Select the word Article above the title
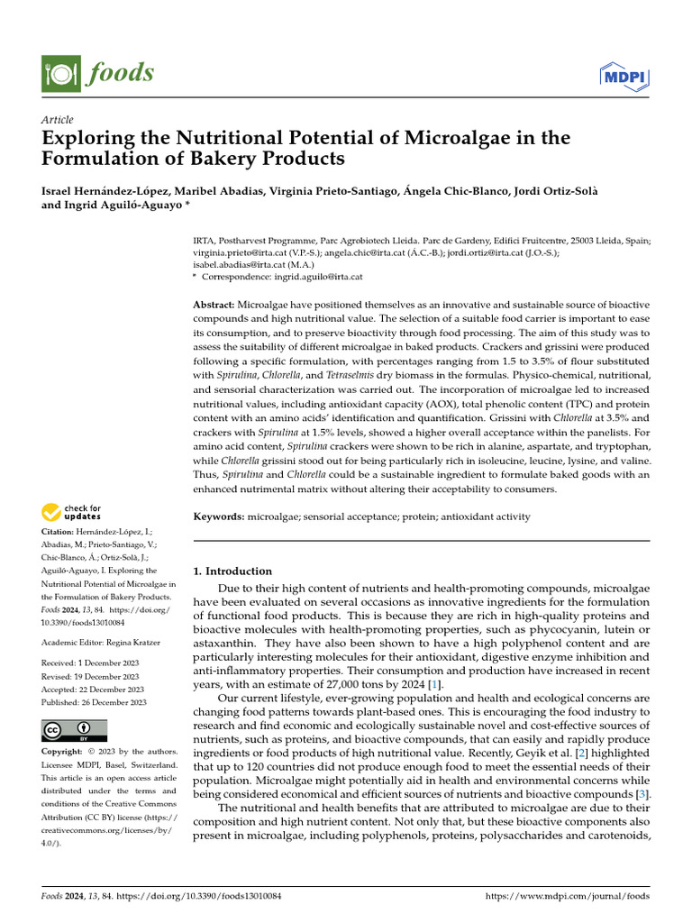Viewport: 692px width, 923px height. pos(58,120)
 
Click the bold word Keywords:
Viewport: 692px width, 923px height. pos(219,516)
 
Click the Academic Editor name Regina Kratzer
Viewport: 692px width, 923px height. pos(135,641)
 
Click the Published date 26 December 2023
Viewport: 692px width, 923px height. pos(110,702)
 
